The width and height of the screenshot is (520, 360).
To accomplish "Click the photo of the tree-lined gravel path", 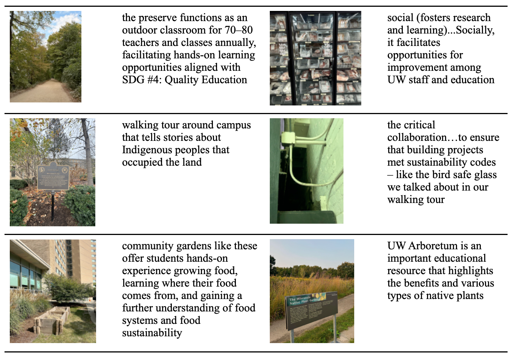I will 45,56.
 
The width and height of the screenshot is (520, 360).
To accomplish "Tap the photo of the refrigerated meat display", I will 315,58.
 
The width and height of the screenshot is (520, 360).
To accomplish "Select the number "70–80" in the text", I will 239,30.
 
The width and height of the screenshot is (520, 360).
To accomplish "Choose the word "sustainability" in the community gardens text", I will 152,333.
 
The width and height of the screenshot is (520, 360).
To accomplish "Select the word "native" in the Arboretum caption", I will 437,296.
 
